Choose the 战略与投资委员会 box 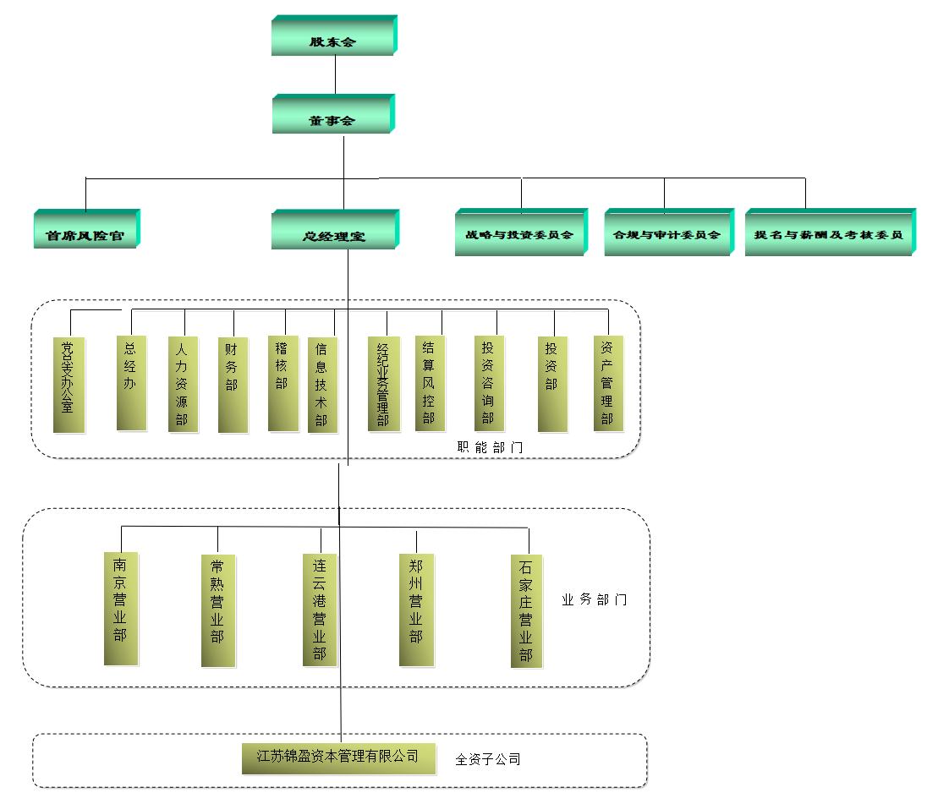[520, 234]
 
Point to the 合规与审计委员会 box [667, 234]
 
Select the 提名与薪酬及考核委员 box [829, 234]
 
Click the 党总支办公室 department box [69, 385]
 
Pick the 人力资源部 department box [183, 385]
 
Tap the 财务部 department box [233, 385]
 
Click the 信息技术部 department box [322, 385]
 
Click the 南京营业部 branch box [121, 609]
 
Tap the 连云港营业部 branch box [320, 610]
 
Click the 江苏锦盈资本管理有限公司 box [338, 758]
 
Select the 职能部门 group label [490, 447]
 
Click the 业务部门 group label [594, 600]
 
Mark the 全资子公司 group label [487, 759]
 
